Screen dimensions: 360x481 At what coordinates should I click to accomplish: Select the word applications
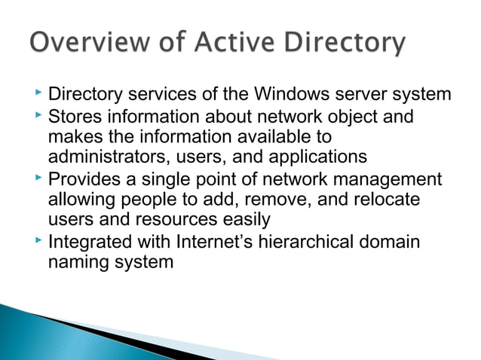311,158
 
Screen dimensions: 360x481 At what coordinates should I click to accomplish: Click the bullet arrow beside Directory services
38,94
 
